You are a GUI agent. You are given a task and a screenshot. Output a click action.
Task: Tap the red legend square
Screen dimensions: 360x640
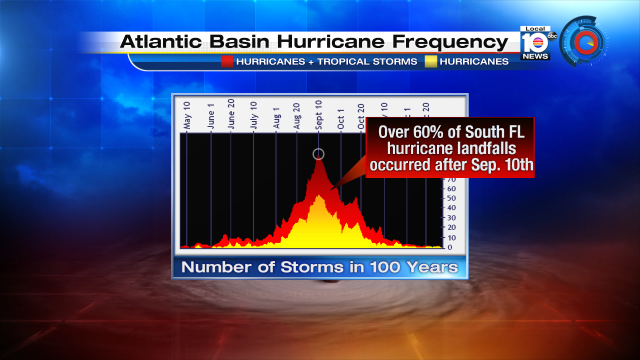coord(228,62)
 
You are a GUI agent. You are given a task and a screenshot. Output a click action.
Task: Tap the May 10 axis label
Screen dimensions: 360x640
coord(187,118)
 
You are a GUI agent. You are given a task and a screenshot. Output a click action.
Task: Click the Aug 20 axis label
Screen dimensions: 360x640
coord(297,118)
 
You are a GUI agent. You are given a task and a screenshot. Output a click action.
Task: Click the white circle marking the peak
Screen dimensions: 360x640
coord(319,154)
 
